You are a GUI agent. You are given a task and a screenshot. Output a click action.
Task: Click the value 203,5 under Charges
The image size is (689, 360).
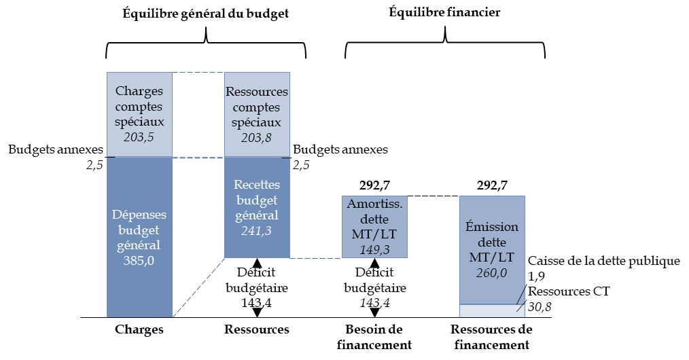pyautogui.click(x=139, y=138)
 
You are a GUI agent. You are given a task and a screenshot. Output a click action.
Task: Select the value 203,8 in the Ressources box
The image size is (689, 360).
pyautogui.click(x=257, y=138)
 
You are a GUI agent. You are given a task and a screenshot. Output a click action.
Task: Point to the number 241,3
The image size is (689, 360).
pyautogui.click(x=257, y=231)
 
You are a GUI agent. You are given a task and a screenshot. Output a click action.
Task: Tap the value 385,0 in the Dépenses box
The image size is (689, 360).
pyautogui.click(x=139, y=261)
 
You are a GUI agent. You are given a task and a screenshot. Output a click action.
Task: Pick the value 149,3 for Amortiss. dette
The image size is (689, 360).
pyautogui.click(x=374, y=250)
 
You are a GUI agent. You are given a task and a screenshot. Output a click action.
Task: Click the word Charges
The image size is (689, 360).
pyautogui.click(x=139, y=91)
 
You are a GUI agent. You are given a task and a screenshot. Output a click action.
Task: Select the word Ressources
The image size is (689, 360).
pyautogui.click(x=257, y=92)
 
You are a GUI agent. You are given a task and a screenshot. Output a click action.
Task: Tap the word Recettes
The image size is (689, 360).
pyautogui.click(x=257, y=185)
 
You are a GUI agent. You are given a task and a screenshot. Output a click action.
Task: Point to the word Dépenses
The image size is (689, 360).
pyautogui.click(x=139, y=214)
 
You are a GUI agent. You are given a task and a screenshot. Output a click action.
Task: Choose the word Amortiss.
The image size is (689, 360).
pyautogui.click(x=374, y=204)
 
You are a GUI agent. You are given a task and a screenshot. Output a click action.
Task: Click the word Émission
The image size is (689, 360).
pyautogui.click(x=492, y=227)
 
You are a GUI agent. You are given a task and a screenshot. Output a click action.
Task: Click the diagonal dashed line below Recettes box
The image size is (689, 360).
pyautogui.click(x=198, y=287)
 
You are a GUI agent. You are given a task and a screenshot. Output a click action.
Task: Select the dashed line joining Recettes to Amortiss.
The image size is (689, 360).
pyautogui.click(x=316, y=258)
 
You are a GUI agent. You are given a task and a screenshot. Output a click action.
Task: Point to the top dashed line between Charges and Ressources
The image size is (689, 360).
pyautogui.click(x=198, y=73)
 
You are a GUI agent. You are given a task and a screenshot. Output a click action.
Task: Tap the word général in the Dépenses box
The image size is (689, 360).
pyautogui.click(x=139, y=245)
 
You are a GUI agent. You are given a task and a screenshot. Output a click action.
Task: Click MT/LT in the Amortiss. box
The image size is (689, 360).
pyautogui.click(x=374, y=235)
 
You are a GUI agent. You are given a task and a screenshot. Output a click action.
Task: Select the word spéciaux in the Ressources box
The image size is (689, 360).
pyautogui.click(x=257, y=123)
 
